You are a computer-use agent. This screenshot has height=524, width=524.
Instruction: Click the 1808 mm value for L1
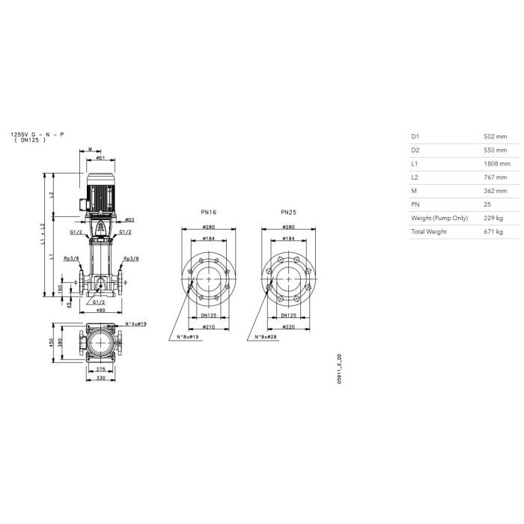tap(497, 164)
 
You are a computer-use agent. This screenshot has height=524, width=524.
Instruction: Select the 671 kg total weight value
tap(493, 231)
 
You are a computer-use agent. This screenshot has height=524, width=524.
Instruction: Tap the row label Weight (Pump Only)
tap(439, 219)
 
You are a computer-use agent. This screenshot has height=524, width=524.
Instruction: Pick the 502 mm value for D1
tap(496, 137)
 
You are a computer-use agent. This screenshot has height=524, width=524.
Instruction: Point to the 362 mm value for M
tap(496, 191)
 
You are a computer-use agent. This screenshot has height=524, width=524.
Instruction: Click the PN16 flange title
tap(209, 212)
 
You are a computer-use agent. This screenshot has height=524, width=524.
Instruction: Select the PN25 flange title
tap(288, 212)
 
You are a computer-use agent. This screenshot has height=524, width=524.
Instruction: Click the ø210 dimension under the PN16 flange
tap(209, 327)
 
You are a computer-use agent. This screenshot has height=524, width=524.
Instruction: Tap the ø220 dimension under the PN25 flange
tap(288, 327)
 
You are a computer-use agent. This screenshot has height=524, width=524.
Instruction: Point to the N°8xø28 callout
tap(266, 337)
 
